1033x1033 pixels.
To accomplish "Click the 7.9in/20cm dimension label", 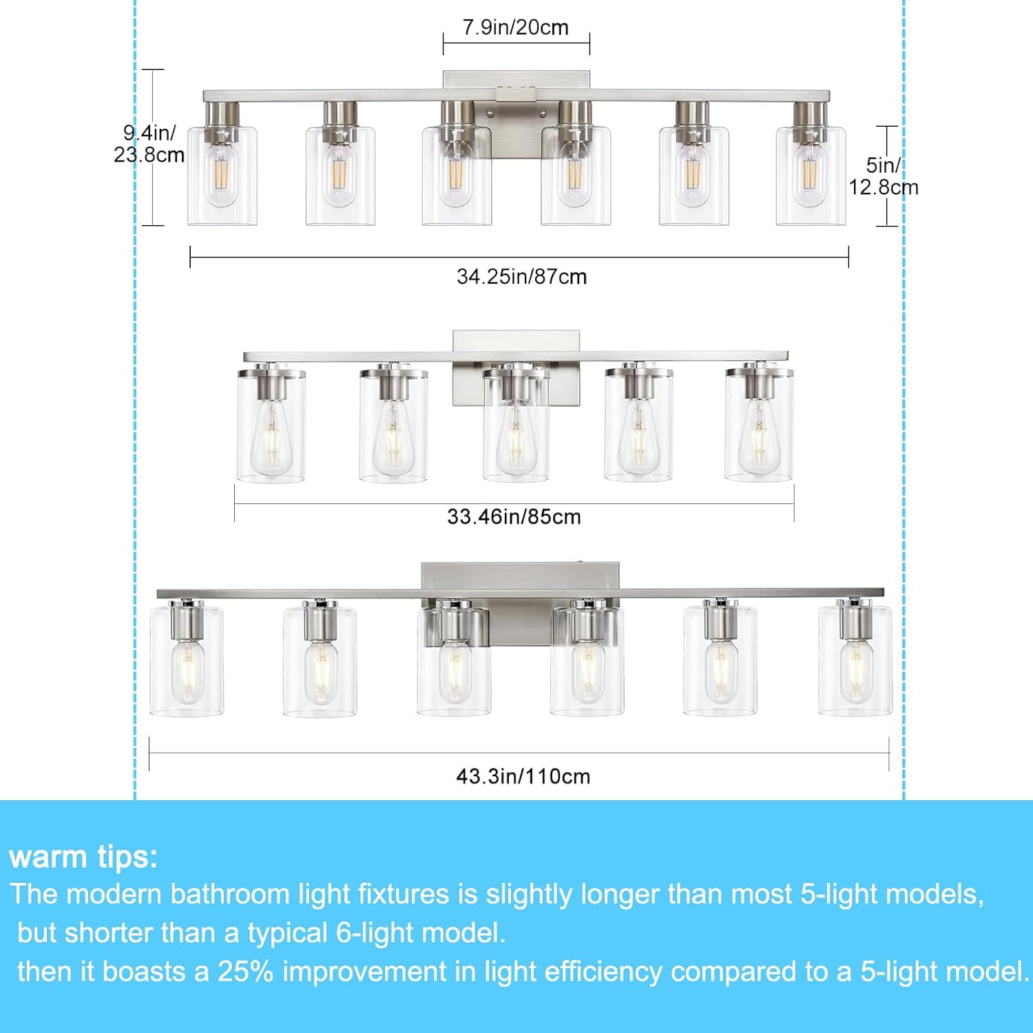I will click(x=515, y=28).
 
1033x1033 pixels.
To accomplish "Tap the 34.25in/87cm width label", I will click(x=521, y=277).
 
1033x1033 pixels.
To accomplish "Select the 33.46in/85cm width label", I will click(x=514, y=516).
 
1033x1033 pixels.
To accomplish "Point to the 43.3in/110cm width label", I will click(x=523, y=776).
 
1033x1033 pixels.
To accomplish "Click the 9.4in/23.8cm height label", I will click(x=149, y=144).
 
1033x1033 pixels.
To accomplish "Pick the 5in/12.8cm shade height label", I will click(x=883, y=176).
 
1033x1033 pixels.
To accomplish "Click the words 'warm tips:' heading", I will click(x=83, y=857).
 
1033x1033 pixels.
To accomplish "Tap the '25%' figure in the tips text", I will click(x=245, y=972).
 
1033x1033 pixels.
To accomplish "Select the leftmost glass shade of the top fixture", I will click(x=222, y=176).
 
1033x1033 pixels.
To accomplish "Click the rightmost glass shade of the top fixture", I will click(x=811, y=176).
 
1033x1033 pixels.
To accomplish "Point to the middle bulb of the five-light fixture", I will click(x=516, y=441).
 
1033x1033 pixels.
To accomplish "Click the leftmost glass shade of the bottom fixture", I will click(x=187, y=661).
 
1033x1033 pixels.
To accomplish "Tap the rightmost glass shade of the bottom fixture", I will click(x=855, y=661).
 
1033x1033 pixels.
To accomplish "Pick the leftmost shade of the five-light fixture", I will click(x=271, y=427).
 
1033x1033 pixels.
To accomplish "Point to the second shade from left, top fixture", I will click(x=340, y=176).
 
